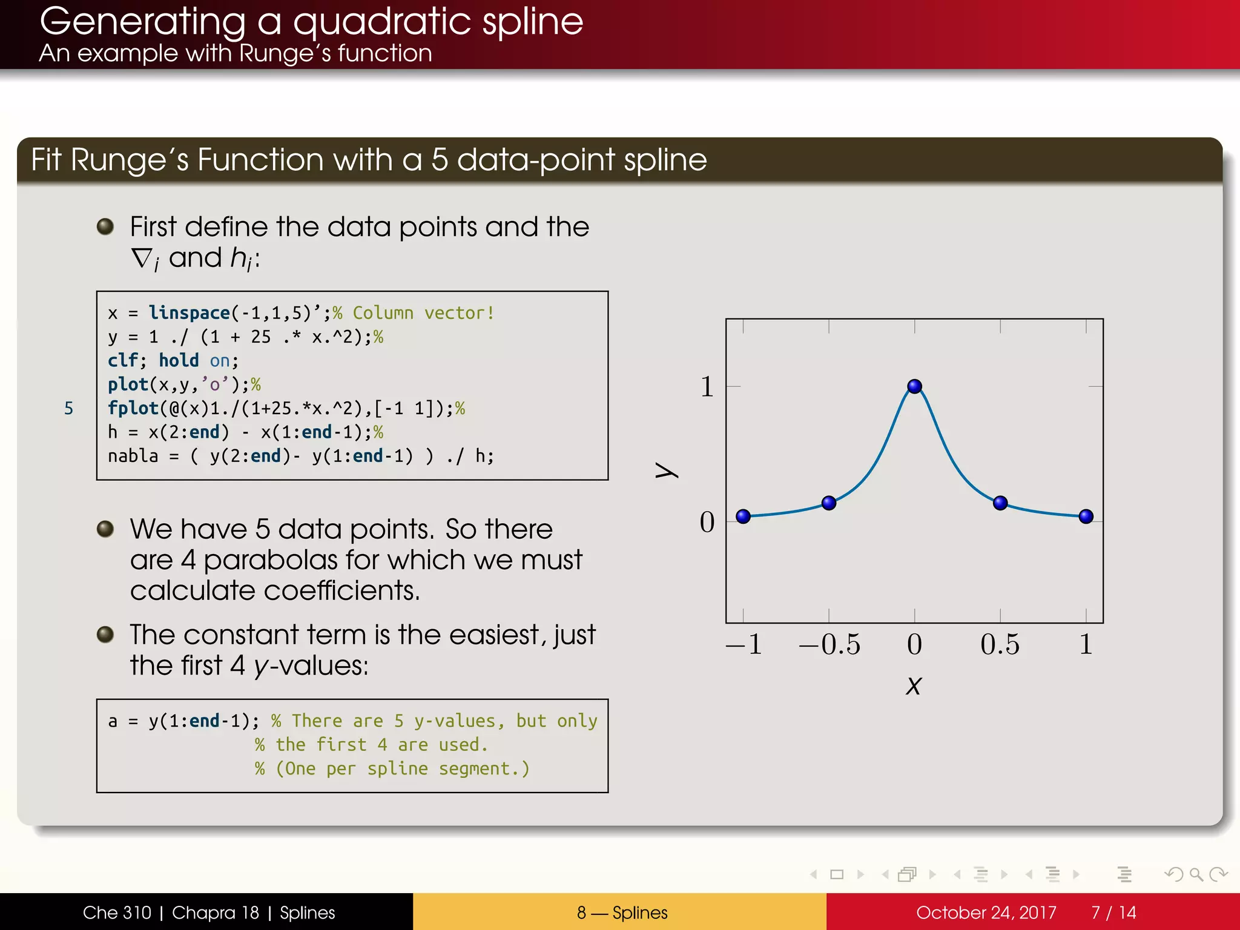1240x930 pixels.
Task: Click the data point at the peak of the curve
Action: pos(914,386)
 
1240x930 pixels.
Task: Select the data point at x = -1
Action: pos(743,516)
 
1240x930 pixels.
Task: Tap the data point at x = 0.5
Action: pos(1000,503)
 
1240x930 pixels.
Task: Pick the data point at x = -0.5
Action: pos(829,503)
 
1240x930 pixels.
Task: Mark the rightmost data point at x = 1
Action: pos(1086,516)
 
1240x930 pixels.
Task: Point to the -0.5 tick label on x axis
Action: pos(829,644)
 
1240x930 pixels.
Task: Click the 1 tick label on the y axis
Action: pos(707,386)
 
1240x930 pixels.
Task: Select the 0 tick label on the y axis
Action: pos(707,522)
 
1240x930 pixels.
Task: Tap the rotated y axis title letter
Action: pos(666,470)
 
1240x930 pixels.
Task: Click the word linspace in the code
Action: pos(189,312)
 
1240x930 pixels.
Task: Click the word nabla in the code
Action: pos(133,456)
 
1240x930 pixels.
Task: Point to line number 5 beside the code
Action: pos(68,408)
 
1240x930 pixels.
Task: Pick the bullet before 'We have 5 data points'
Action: pos(105,529)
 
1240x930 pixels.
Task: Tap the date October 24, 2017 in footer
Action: pos(986,912)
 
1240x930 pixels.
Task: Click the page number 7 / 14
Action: pos(1113,912)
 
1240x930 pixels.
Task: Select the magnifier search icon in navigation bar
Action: pos(1196,874)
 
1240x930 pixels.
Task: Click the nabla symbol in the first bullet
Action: pos(143,259)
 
